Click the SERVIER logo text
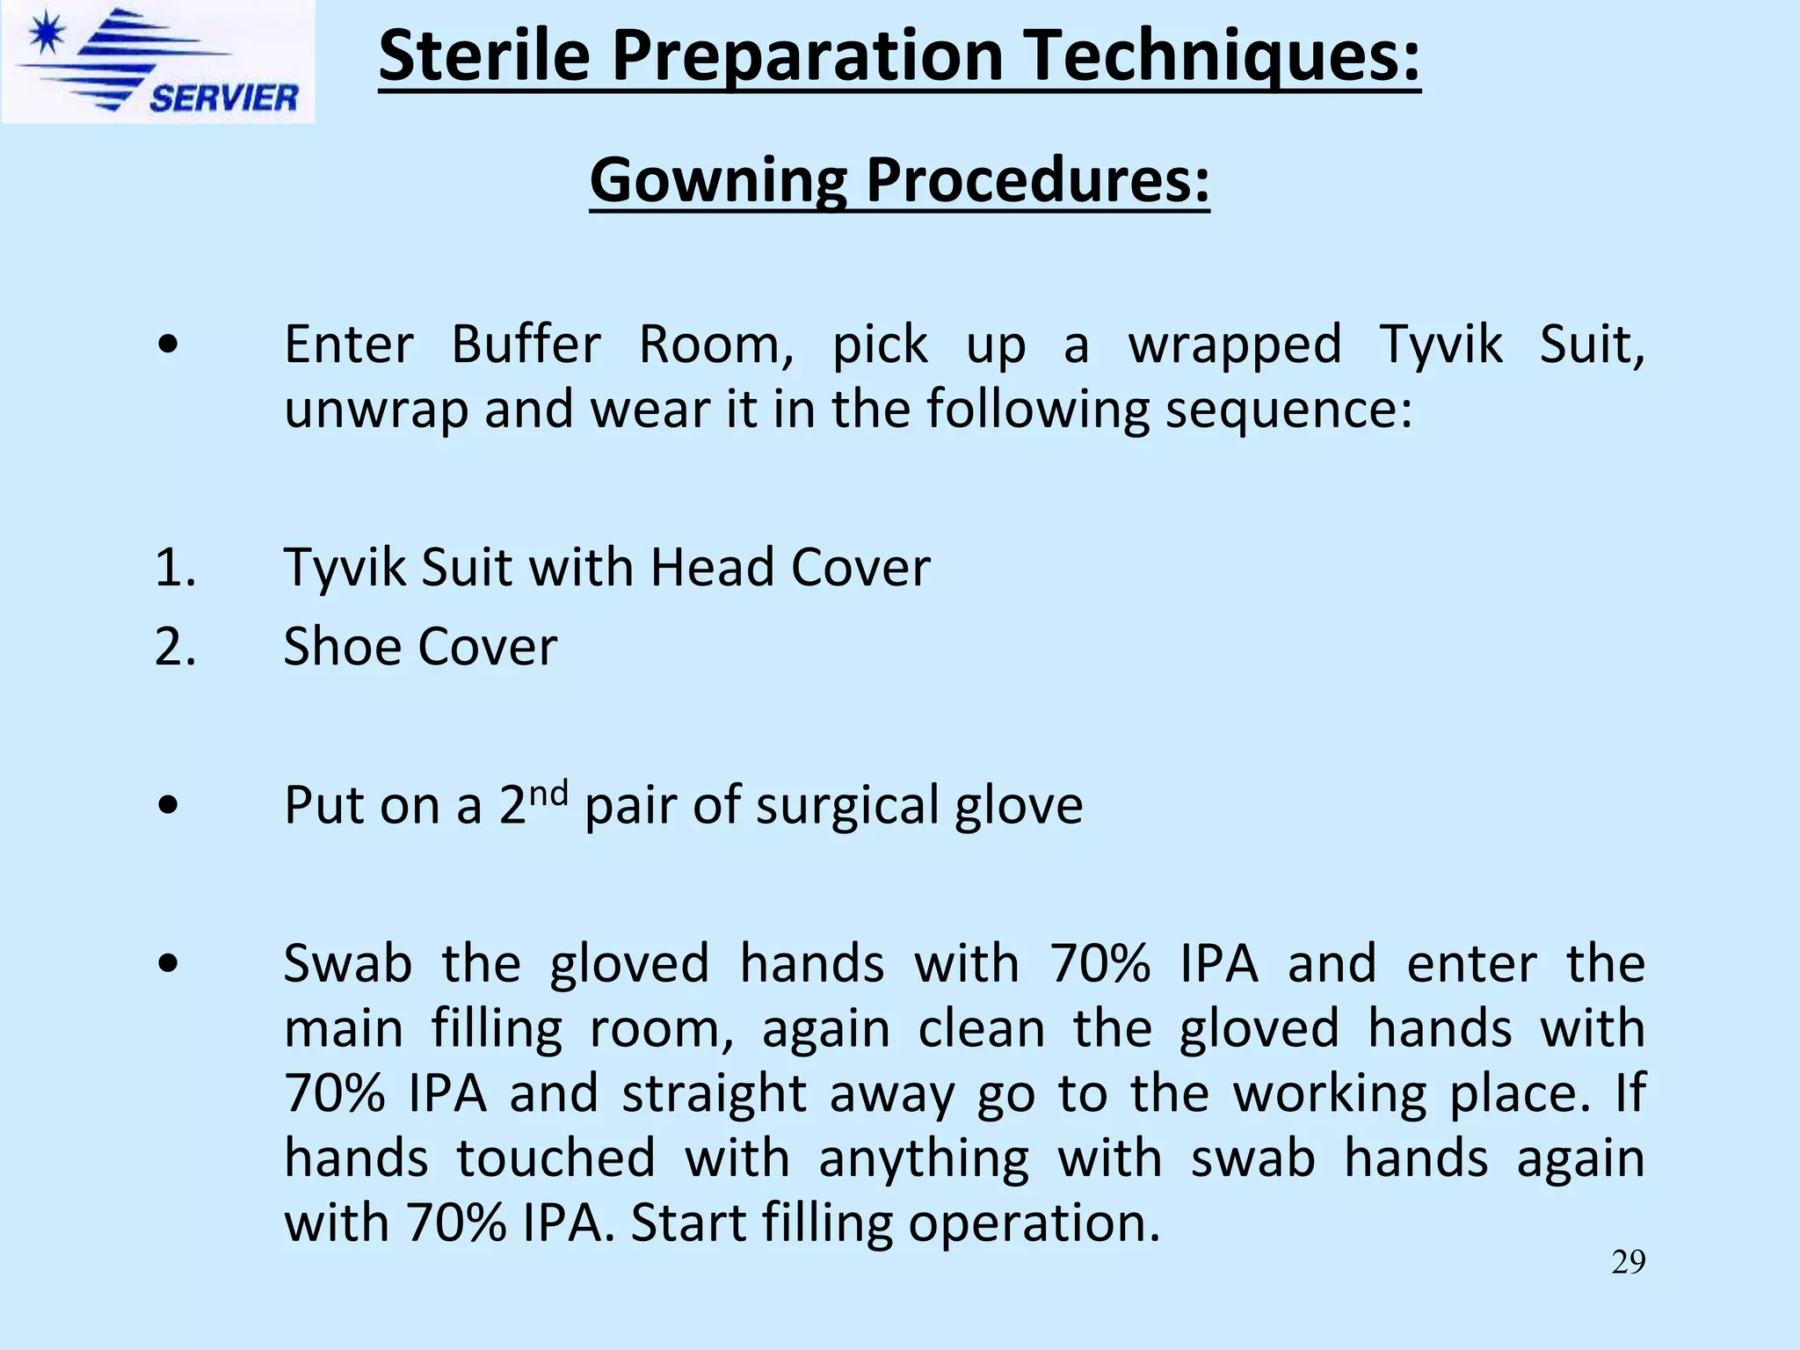click(x=223, y=97)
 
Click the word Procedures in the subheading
click(x=1038, y=180)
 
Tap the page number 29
click(x=1628, y=1262)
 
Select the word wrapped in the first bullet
click(x=1235, y=345)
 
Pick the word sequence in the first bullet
click(x=1288, y=410)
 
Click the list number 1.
click(x=174, y=567)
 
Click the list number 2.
click(x=174, y=647)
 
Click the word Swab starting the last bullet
click(x=348, y=963)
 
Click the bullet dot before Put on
click(x=168, y=805)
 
